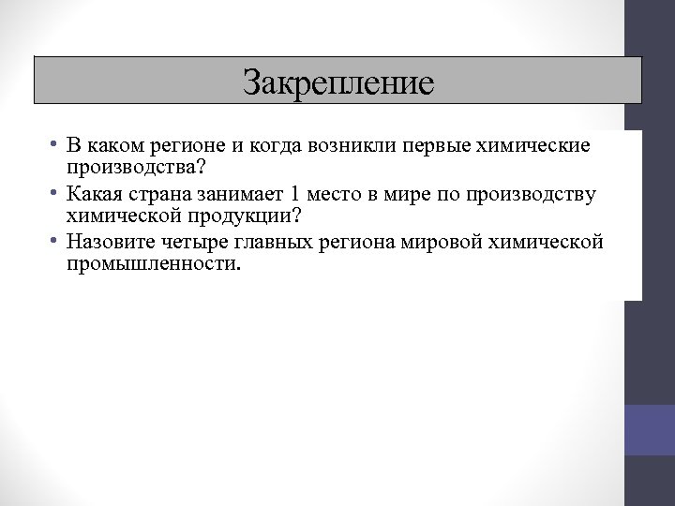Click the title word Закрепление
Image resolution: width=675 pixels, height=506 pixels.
pos(338,82)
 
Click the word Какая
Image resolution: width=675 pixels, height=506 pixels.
pos(92,194)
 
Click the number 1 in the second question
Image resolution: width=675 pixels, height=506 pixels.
pos(295,194)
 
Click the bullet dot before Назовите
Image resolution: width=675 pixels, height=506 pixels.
pos(57,241)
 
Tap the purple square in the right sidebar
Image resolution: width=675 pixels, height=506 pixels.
pos(650,430)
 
